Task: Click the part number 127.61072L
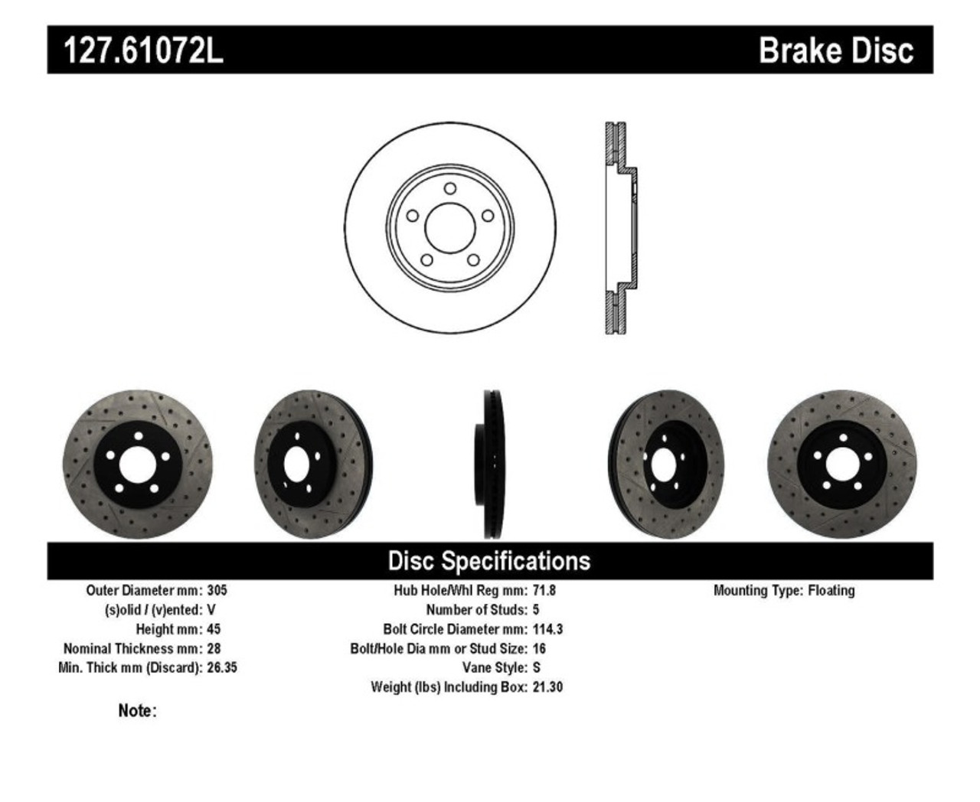coord(142,51)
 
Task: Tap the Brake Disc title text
coord(835,51)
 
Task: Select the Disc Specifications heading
coord(489,561)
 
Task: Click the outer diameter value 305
coord(217,591)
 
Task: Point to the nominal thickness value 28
coord(214,648)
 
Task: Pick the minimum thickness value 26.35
coord(222,667)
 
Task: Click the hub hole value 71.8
coord(544,591)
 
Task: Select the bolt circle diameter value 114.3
coord(547,629)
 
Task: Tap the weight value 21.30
coord(547,687)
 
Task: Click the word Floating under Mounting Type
coord(831,591)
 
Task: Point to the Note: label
coord(137,711)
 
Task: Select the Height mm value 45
coord(214,629)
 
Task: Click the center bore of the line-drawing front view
coord(450,227)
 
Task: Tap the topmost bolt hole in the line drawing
coord(450,188)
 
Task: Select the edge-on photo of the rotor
coord(494,465)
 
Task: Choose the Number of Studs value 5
coord(536,610)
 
